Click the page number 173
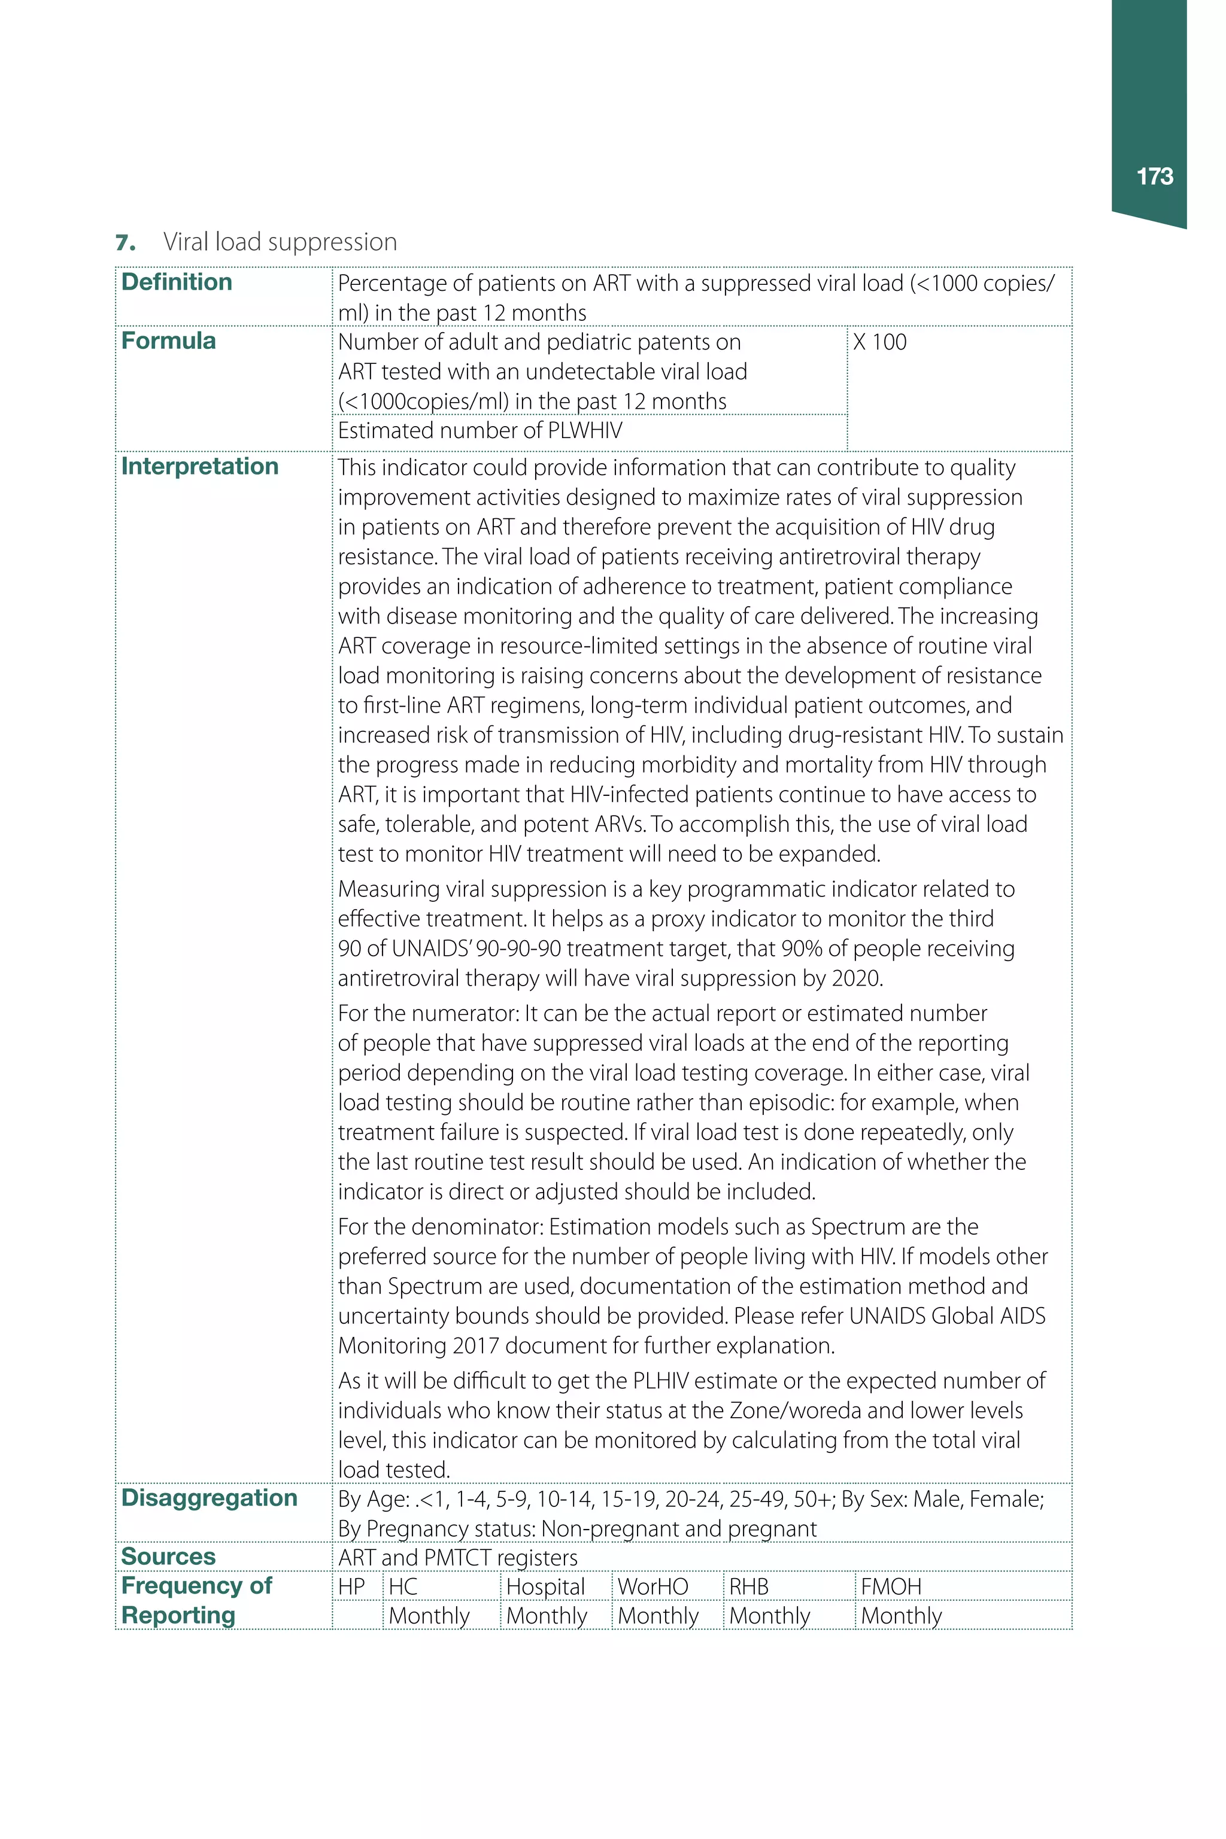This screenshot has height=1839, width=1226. (x=1154, y=177)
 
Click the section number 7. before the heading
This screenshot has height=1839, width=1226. (x=125, y=243)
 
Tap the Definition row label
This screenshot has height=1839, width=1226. (x=177, y=282)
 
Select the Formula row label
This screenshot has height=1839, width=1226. (x=168, y=341)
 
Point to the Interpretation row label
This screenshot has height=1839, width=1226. (x=199, y=467)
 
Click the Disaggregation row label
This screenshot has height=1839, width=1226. (x=209, y=1497)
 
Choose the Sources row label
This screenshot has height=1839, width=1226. (x=168, y=1556)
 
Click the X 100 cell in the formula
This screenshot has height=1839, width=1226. (x=879, y=342)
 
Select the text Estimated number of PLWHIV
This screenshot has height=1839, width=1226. (x=480, y=431)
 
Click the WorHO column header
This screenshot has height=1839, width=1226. (x=653, y=1586)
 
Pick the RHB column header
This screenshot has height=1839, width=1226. (x=748, y=1586)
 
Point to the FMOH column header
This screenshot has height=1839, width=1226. (x=891, y=1586)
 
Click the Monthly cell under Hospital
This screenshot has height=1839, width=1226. (x=547, y=1615)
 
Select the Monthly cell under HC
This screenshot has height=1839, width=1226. (x=429, y=1615)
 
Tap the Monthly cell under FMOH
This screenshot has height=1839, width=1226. (x=901, y=1615)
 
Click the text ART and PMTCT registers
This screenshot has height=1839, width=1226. (x=457, y=1558)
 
